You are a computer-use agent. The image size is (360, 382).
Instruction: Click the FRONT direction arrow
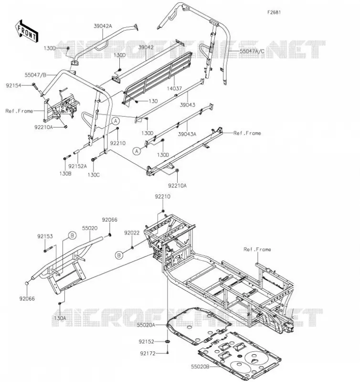[27, 31]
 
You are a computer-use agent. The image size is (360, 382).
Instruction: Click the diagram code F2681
[274, 12]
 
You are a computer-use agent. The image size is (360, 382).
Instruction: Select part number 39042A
[103, 26]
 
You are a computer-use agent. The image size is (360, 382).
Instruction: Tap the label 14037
[174, 89]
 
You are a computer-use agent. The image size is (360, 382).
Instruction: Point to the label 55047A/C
[252, 52]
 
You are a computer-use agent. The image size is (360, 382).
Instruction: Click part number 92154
[14, 85]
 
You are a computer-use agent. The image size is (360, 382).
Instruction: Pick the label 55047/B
[35, 75]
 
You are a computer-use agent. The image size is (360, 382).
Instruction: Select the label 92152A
[77, 166]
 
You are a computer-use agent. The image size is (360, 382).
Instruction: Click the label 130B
[65, 174]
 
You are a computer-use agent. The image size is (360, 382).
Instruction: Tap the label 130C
[94, 175]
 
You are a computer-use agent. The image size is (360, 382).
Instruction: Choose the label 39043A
[187, 134]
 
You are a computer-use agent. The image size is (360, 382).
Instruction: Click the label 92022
[132, 233]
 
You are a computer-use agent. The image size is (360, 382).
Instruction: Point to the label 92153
[45, 236]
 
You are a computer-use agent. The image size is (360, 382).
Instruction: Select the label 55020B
[200, 367]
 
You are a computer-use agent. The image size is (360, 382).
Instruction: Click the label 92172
[148, 353]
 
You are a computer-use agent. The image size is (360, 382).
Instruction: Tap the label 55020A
[146, 325]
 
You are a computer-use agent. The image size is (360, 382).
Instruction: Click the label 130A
[60, 318]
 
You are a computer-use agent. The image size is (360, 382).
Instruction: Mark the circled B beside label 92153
[72, 235]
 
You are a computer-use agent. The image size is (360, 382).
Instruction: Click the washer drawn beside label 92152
[168, 341]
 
